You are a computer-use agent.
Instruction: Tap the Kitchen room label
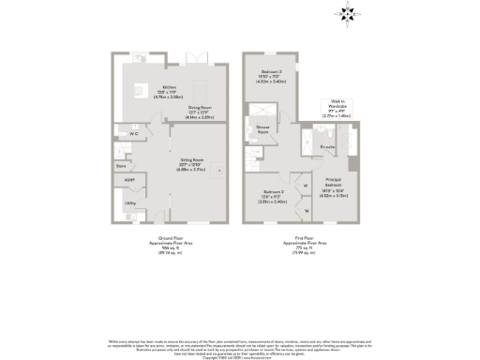coord(169,91)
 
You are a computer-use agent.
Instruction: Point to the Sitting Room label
coord(192,163)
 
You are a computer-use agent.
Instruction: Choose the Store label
coord(121,165)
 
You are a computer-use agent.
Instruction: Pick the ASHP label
coord(129,179)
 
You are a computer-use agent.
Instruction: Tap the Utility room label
coord(131,202)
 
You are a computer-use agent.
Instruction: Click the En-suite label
coord(328,148)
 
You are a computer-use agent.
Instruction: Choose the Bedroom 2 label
coord(272,77)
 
